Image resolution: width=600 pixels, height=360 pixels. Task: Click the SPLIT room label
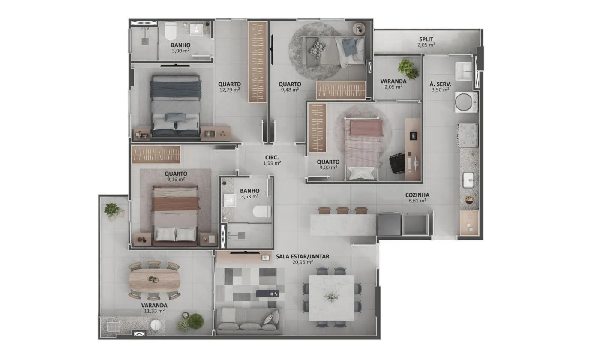[426, 39]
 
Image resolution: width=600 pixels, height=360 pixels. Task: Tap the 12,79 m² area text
[230, 90]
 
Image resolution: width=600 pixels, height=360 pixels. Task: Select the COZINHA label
[417, 195]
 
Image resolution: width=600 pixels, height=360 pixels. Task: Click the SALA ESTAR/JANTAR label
[303, 256]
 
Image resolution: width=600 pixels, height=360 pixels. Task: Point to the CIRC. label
[272, 158]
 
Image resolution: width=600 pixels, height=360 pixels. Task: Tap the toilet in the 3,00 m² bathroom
[170, 31]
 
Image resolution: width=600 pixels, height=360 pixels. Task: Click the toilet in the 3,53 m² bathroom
[262, 211]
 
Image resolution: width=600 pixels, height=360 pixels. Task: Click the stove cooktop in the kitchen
[468, 135]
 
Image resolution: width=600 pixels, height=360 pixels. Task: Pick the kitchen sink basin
[468, 180]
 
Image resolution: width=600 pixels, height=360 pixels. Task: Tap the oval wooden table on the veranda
[155, 279]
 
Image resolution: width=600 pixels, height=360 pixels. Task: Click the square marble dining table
[332, 297]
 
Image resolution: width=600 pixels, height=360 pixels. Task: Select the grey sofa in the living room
[249, 321]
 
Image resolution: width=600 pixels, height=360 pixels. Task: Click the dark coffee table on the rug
[267, 294]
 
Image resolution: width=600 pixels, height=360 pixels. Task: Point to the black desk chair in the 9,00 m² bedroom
[398, 163]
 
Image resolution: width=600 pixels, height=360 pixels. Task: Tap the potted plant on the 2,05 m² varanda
[408, 69]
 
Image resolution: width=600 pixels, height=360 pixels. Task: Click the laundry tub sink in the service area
[463, 71]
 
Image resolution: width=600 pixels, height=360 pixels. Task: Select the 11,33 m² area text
[154, 311]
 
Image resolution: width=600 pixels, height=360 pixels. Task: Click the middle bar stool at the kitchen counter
[343, 210]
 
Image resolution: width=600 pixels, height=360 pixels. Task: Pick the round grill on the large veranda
[156, 325]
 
